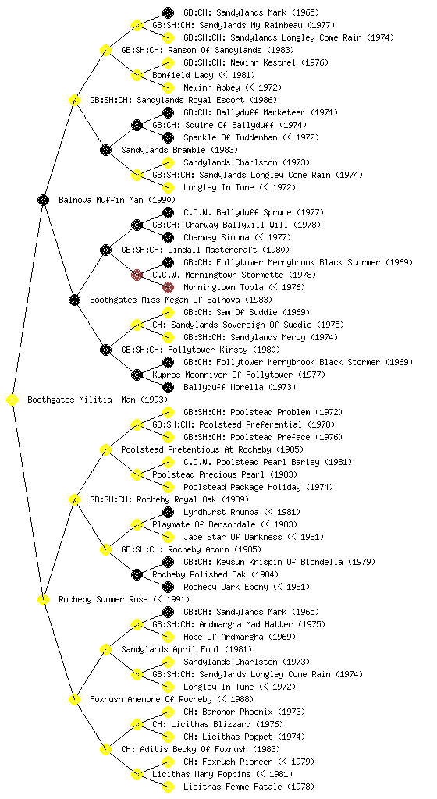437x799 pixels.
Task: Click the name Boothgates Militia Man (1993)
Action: (x=98, y=400)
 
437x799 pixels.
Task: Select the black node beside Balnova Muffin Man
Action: (x=43, y=200)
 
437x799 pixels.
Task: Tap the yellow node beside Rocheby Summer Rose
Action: (x=43, y=599)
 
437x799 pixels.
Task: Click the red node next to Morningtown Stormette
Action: (x=137, y=275)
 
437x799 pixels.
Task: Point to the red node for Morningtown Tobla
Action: (x=168, y=287)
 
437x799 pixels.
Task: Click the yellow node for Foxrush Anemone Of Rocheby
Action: (x=74, y=699)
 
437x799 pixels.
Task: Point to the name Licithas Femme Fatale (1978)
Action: (x=249, y=787)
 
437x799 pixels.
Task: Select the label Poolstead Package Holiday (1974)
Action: (x=258, y=487)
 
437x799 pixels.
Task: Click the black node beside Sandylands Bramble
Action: (x=105, y=150)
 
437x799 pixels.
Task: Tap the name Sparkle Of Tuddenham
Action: (x=231, y=137)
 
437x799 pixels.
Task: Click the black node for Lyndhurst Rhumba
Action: (x=168, y=512)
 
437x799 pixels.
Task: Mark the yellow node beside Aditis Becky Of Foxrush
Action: (x=105, y=749)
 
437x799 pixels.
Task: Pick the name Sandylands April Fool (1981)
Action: (x=187, y=650)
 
